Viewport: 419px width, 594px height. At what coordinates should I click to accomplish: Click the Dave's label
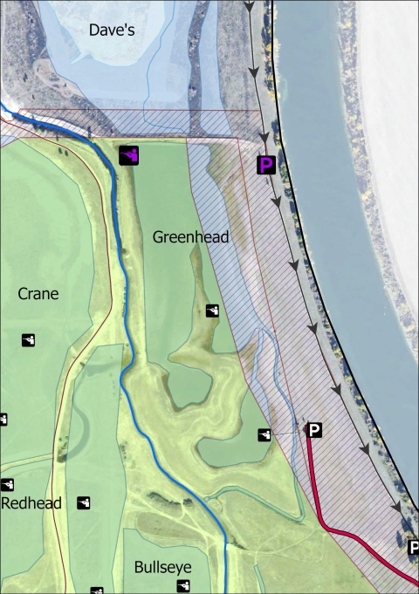[111, 30]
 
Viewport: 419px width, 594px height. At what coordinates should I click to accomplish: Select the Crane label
[38, 294]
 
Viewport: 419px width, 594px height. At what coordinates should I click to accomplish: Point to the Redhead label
[29, 504]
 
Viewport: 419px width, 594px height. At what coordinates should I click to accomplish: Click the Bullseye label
[162, 567]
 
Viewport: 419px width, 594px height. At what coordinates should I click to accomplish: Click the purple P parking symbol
[266, 164]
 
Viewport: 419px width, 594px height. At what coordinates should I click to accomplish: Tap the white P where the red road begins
[314, 429]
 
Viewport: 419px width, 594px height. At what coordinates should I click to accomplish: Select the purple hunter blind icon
[129, 154]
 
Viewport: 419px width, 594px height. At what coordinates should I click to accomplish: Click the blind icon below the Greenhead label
[212, 311]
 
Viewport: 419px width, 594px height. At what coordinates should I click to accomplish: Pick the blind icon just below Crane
[29, 339]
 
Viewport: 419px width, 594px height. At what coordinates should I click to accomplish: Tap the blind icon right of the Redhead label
[84, 502]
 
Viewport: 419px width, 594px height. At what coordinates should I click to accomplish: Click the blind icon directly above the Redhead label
[8, 484]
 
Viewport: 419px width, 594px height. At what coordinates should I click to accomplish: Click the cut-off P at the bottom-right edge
[414, 548]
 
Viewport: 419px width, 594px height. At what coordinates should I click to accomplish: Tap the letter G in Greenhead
[158, 236]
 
